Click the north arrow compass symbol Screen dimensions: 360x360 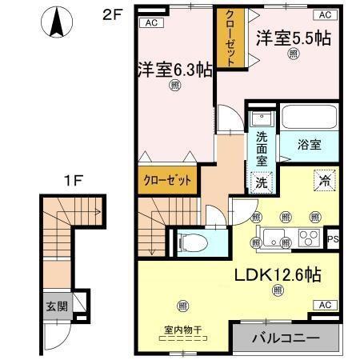[57, 22]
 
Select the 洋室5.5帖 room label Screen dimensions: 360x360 [293, 38]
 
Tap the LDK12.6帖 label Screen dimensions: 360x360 [278, 275]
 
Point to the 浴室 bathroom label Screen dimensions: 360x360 [310, 145]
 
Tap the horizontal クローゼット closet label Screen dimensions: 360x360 [167, 180]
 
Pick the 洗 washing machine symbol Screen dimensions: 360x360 [261, 182]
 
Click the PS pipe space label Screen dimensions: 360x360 [334, 238]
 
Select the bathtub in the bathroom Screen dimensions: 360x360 [309, 121]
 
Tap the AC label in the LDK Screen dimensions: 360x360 [324, 305]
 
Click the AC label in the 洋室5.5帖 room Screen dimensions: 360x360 [325, 15]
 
